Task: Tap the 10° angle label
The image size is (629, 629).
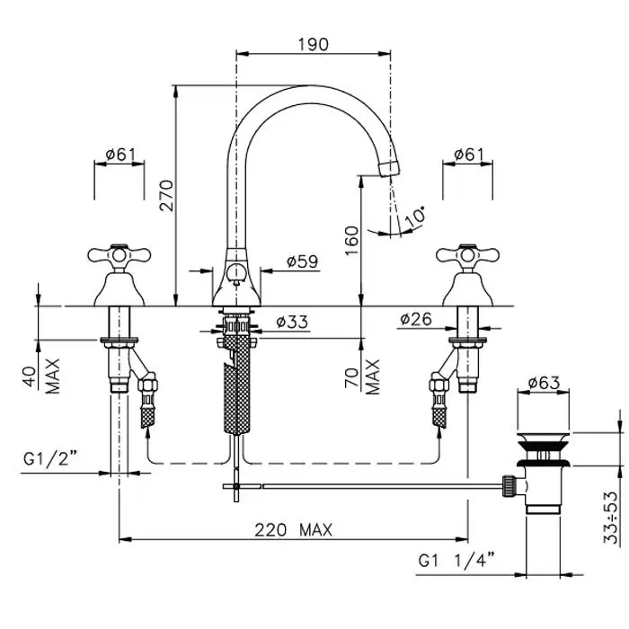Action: (x=415, y=217)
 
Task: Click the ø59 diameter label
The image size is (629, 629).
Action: (x=303, y=261)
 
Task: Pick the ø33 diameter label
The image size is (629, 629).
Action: (x=293, y=321)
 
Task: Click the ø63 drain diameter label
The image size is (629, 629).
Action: (x=545, y=382)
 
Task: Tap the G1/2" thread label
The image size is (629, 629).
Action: (x=49, y=462)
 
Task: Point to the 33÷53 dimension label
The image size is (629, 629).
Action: (x=611, y=518)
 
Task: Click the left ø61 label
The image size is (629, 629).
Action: (x=120, y=155)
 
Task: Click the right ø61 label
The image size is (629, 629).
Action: (x=468, y=155)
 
